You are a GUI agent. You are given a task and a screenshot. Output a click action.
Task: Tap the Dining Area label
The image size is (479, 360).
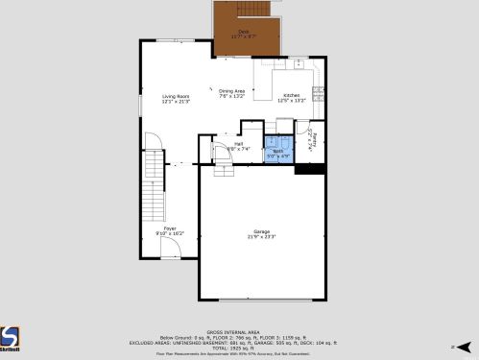tap(232, 93)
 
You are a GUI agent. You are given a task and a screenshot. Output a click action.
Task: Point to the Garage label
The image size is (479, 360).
tap(262, 234)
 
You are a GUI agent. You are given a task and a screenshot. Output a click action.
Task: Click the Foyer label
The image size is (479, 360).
tap(170, 230)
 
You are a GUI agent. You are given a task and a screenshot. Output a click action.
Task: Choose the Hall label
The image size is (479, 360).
tap(238, 146)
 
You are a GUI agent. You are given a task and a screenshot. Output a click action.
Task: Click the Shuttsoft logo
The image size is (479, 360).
tap(9, 339)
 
